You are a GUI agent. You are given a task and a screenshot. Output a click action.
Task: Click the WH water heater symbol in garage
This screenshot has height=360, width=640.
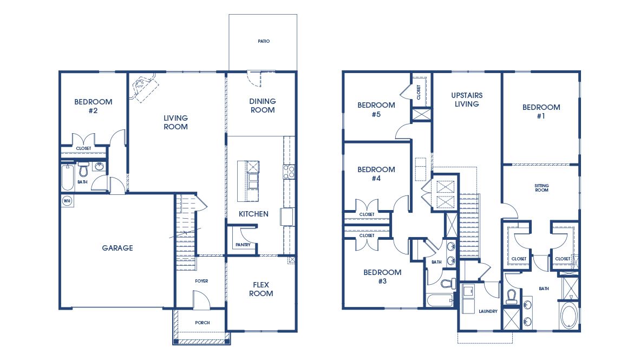(67, 201)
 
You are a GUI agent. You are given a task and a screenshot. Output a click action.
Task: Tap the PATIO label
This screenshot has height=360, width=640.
(263, 41)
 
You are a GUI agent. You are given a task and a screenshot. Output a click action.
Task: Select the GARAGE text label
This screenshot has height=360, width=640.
(117, 248)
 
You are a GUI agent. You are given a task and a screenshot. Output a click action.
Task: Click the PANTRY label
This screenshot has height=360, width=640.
(243, 245)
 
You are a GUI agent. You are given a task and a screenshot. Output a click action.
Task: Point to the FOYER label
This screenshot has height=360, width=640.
(201, 281)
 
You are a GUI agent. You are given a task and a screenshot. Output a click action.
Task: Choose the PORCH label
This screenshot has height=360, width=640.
(203, 323)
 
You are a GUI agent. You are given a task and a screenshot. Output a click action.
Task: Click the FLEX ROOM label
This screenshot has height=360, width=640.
(261, 289)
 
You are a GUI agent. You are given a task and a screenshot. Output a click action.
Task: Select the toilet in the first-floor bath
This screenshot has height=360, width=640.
(84, 171)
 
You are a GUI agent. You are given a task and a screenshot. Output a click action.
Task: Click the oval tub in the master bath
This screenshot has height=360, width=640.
(569, 316)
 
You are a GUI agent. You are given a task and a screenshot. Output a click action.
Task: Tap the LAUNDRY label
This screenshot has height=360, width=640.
(488, 311)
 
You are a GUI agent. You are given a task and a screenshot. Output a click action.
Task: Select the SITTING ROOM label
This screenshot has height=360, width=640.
(541, 188)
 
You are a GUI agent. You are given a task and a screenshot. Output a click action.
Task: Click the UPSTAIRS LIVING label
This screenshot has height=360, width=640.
(467, 100)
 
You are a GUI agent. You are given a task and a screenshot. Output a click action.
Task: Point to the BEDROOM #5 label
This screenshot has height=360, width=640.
(376, 110)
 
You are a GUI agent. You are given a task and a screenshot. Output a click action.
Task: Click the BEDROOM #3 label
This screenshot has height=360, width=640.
(382, 277)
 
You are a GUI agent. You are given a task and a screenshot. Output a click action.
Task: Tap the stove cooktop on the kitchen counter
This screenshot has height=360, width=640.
(289, 172)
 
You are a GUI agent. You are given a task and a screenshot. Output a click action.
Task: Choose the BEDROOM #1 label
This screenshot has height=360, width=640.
(541, 112)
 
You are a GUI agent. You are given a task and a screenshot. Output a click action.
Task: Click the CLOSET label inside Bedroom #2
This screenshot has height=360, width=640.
(83, 148)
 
